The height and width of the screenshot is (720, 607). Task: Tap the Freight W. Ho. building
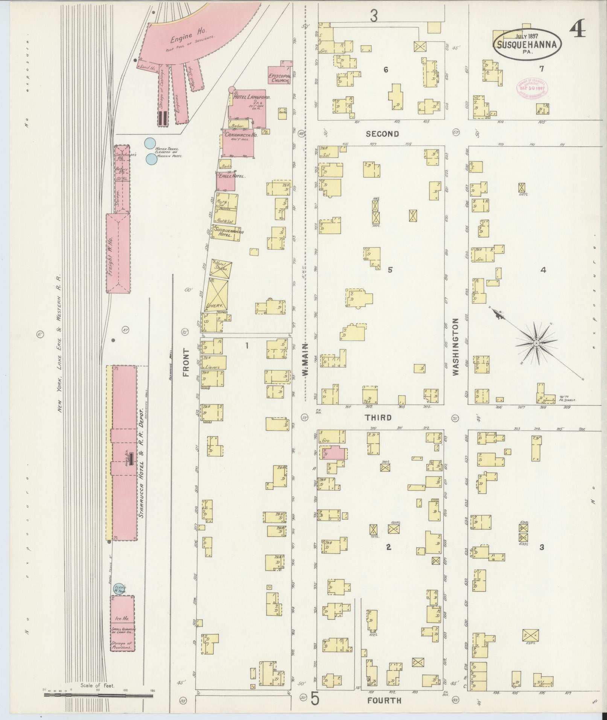(118, 253)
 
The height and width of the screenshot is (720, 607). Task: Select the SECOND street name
(382, 134)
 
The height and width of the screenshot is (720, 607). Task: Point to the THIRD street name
(379, 418)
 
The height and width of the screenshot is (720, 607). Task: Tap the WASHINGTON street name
(456, 347)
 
